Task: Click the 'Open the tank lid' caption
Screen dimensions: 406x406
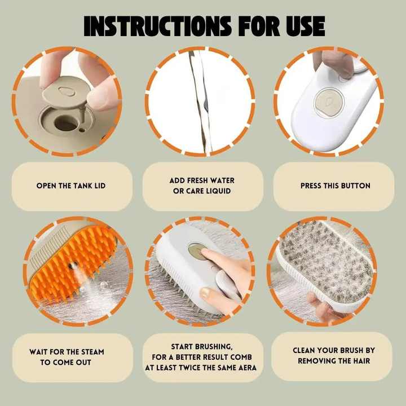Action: coord(70,186)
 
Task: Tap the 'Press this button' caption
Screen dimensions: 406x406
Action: coord(335,186)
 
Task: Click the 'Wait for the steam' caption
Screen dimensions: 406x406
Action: coord(67,356)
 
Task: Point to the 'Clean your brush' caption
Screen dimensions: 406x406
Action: coord(334,355)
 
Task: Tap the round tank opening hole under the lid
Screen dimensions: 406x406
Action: coord(67,122)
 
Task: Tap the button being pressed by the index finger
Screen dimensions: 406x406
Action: coord(197,252)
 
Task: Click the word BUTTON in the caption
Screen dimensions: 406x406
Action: coord(355,186)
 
